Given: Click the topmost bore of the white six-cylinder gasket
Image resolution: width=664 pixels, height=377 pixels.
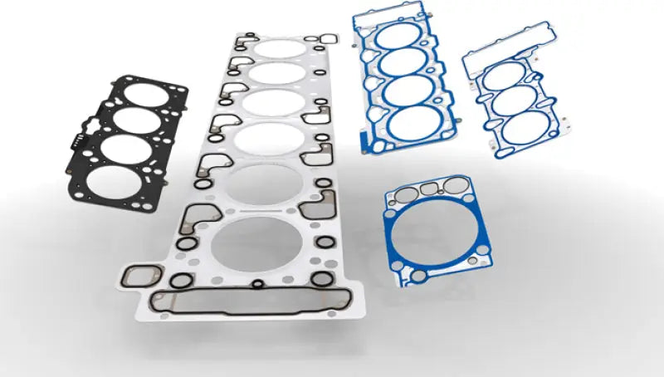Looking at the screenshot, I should (x=279, y=48).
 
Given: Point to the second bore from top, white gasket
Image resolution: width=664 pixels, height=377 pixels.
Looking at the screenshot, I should (x=275, y=75).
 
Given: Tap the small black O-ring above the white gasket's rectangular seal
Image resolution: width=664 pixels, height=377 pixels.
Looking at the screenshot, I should (x=258, y=283).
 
